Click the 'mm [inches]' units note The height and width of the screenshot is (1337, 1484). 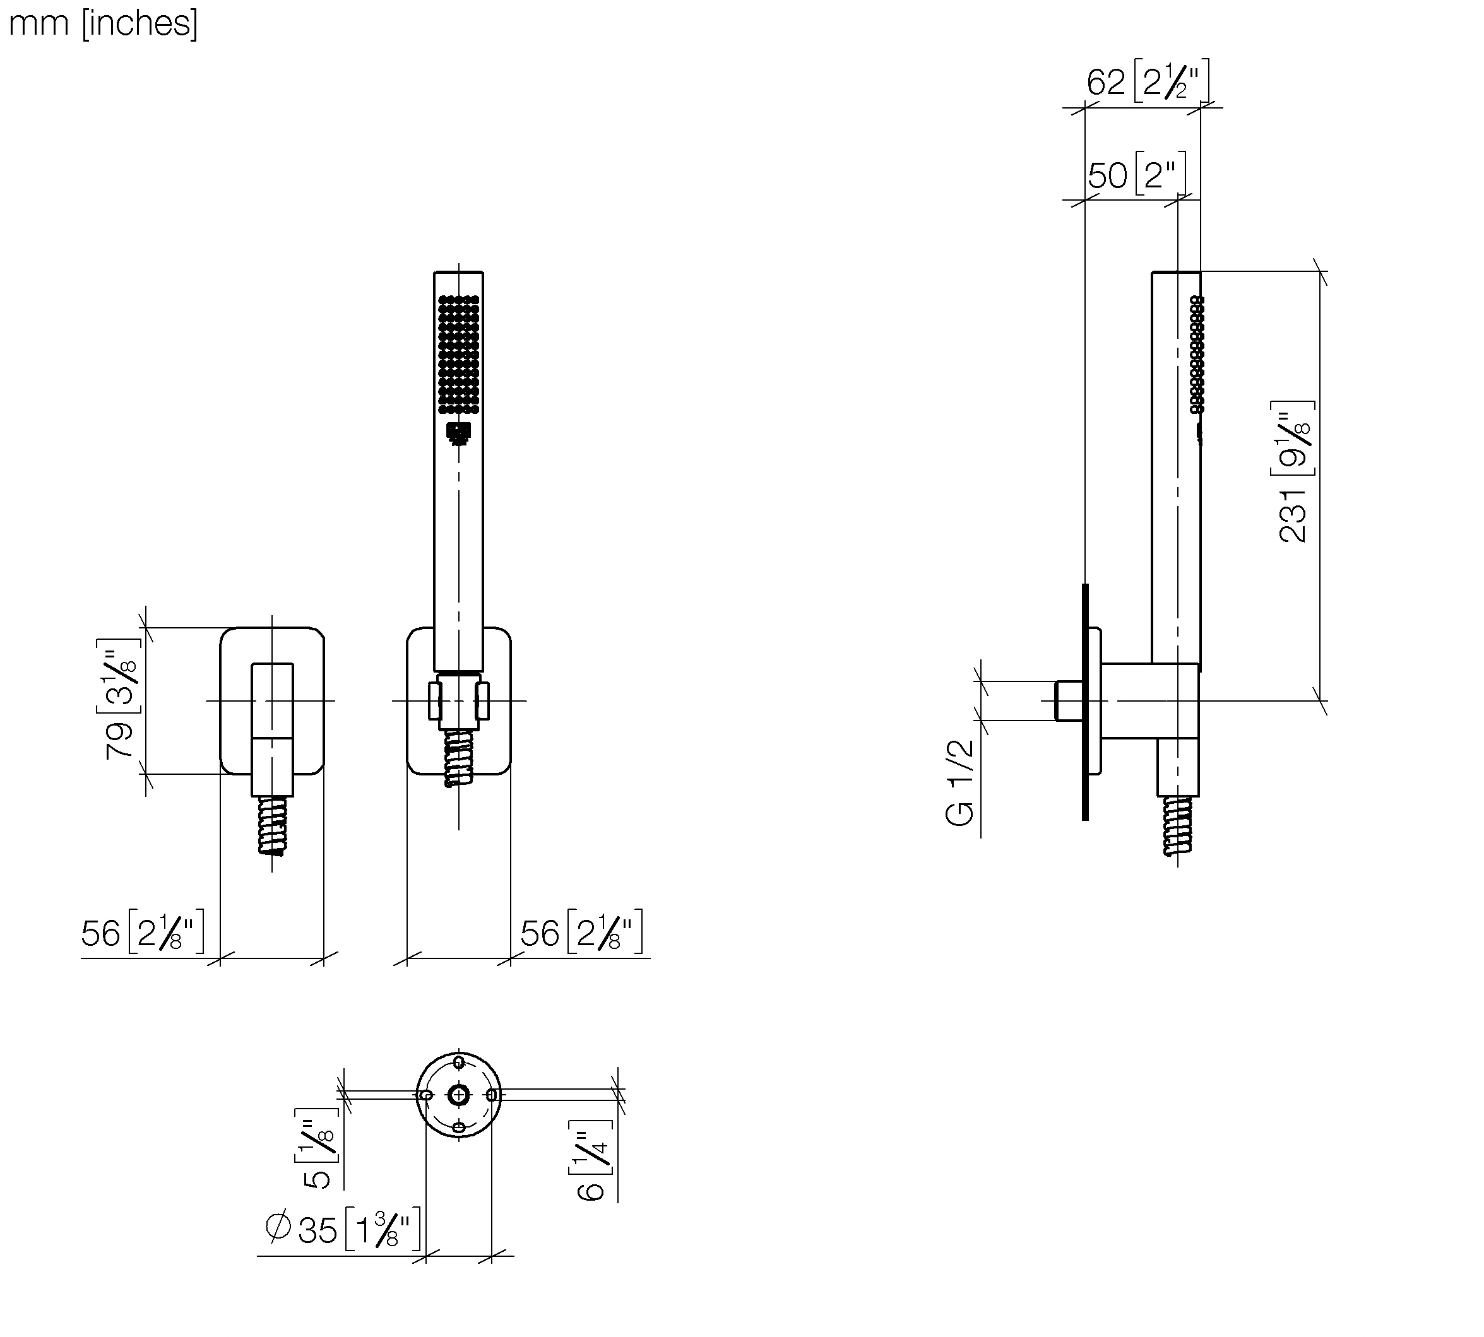pos(103,23)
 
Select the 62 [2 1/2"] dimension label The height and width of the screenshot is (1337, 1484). pos(1148,81)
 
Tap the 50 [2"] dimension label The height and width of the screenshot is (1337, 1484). pos(1136,174)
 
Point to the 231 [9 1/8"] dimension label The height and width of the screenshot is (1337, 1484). pos(1293,471)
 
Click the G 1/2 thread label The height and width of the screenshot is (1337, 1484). pos(960,783)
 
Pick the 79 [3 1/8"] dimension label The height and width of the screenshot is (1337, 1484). pos(119,698)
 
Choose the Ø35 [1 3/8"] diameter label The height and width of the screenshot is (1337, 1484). pos(343,1229)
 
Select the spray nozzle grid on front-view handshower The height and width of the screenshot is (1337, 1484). pos(459,355)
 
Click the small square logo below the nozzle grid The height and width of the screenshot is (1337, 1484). pos(459,433)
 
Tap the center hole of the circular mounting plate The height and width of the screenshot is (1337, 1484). pos(459,1095)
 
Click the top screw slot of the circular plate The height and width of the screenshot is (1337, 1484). pos(459,1063)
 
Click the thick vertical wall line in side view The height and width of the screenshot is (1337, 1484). pos(1085,702)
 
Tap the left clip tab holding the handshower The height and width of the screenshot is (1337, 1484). pos(435,700)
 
